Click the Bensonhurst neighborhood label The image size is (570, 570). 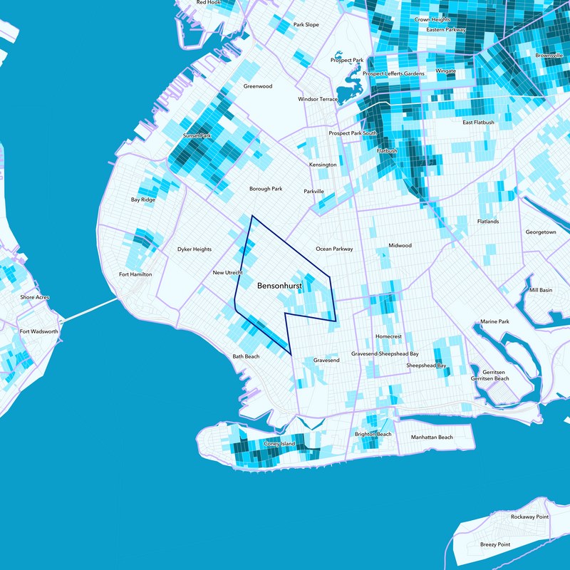click(284, 286)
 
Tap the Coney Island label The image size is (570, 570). click(279, 444)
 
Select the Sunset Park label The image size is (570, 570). click(197, 135)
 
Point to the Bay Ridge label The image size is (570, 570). click(142, 199)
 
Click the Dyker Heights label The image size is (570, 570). click(195, 249)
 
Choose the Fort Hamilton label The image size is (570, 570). click(135, 274)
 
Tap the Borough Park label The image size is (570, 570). click(266, 189)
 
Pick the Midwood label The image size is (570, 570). click(400, 246)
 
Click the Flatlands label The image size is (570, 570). click(488, 222)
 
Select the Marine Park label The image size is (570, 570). click(494, 322)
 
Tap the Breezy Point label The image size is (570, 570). click(495, 544)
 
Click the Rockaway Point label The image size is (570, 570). click(529, 517)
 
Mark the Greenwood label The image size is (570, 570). click(258, 86)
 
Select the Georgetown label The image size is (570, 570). click(540, 232)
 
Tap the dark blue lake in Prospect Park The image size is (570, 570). click(348, 93)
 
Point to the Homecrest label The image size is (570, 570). click(388, 336)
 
